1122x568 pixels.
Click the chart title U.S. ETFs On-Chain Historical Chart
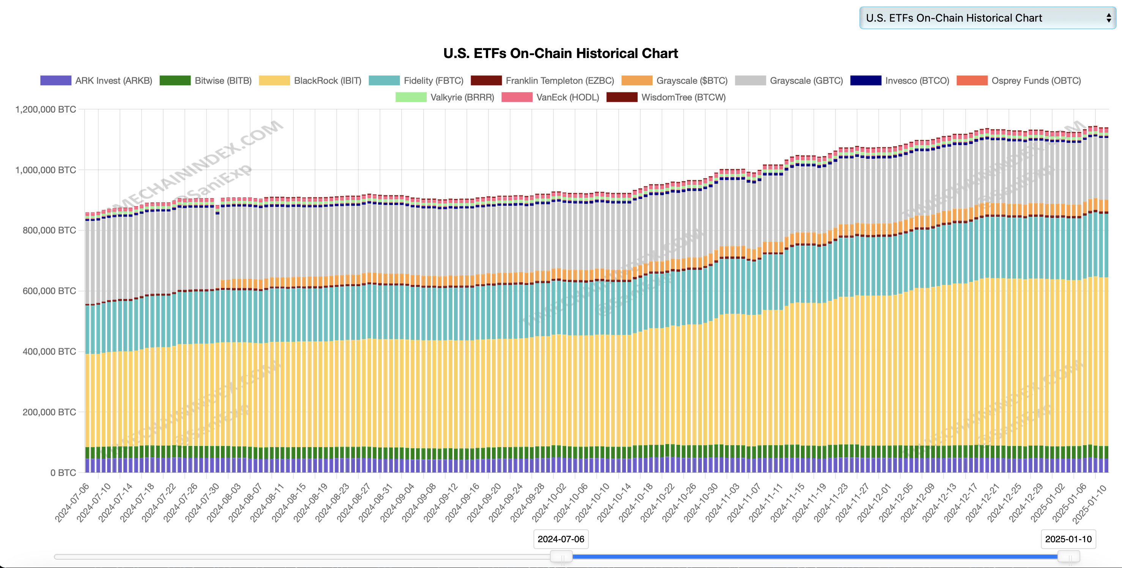[x=560, y=53]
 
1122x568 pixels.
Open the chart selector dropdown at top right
[x=987, y=18]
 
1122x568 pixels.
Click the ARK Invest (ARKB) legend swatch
[x=56, y=80]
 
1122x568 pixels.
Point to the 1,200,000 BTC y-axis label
[x=45, y=109]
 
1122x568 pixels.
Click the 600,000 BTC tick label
[x=49, y=291]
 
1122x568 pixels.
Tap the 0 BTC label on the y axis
[x=63, y=473]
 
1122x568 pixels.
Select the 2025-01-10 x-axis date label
[x=1089, y=504]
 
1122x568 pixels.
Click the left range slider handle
[x=561, y=557]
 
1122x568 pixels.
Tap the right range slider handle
[x=1068, y=557]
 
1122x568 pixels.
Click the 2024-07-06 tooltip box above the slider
[x=561, y=539]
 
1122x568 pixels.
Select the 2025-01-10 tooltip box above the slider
[x=1068, y=539]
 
